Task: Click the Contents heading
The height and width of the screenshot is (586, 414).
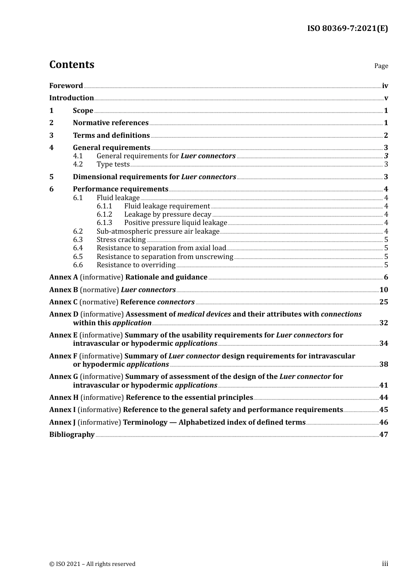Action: click(71, 65)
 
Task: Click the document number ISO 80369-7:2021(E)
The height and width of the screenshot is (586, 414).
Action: click(347, 28)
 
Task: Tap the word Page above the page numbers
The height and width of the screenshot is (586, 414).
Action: click(381, 66)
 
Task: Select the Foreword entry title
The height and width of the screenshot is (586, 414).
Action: click(66, 86)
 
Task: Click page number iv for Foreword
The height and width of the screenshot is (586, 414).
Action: click(385, 86)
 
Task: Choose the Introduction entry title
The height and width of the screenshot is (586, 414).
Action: click(71, 98)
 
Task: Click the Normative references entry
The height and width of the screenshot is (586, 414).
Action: click(111, 123)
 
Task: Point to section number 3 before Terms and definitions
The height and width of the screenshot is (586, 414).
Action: click(51, 136)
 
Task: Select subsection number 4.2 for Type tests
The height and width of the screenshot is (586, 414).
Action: click(78, 164)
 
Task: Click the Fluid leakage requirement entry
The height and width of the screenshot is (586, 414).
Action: click(167, 206)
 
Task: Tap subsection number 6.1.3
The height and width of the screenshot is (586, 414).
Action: click(104, 223)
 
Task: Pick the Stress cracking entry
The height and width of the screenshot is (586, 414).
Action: click(121, 240)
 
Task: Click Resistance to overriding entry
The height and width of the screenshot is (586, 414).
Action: click(136, 265)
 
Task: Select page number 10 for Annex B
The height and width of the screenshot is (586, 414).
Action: click(383, 290)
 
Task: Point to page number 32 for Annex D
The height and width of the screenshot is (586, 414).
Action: click(383, 323)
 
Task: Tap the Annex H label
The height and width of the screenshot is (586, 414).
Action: click(64, 398)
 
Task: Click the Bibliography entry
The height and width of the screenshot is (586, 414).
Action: click(72, 435)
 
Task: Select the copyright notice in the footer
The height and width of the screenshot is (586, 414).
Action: click(92, 564)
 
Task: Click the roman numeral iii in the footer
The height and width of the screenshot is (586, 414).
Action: click(385, 564)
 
